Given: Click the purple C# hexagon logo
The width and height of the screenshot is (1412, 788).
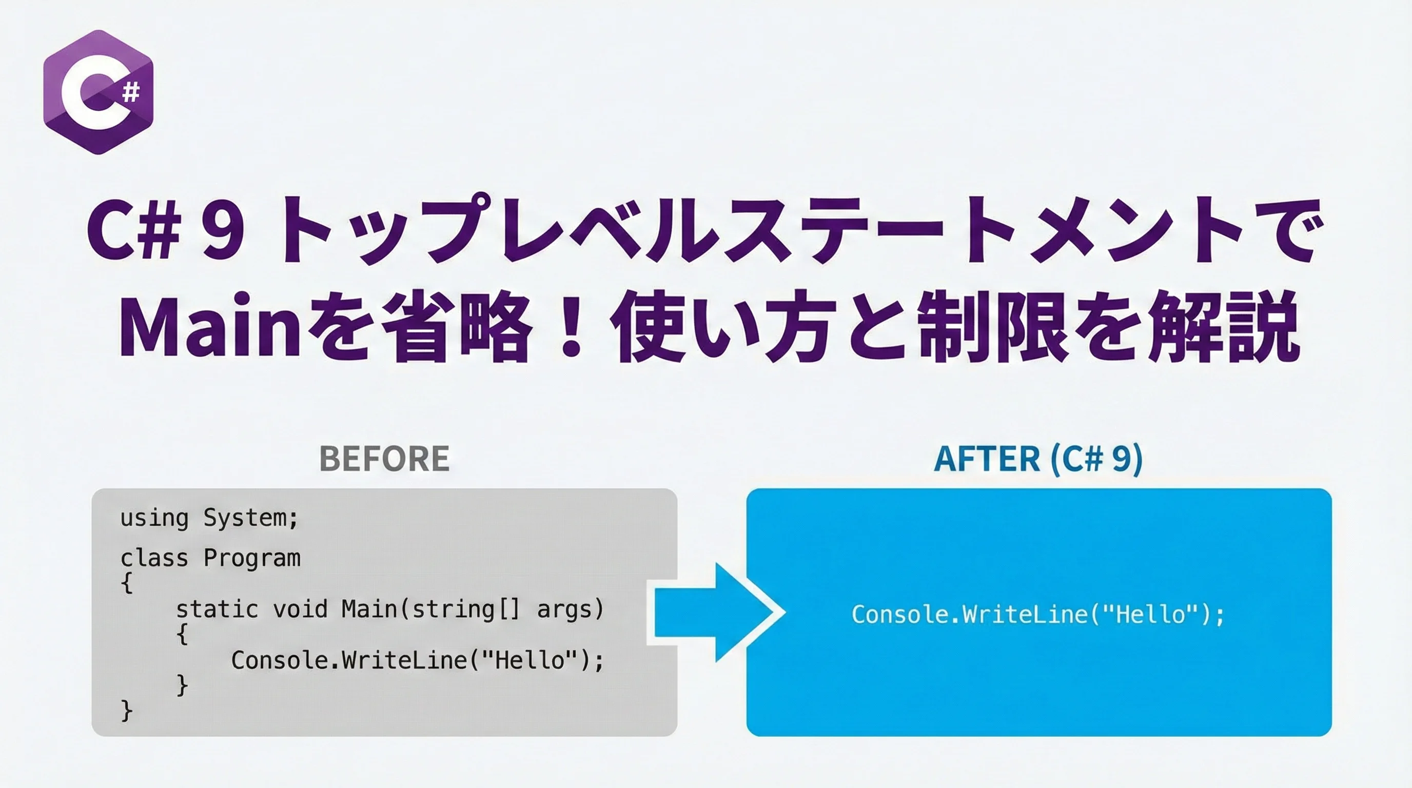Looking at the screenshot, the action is [x=98, y=92].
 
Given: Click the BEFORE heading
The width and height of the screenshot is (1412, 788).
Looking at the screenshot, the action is [x=384, y=459].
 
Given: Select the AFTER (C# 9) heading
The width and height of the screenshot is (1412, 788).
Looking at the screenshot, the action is [x=1038, y=459].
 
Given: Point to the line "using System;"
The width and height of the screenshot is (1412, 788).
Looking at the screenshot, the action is [x=209, y=518].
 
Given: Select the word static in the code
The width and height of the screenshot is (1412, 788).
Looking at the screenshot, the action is [x=217, y=609].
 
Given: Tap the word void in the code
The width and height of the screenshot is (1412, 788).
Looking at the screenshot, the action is [x=300, y=609].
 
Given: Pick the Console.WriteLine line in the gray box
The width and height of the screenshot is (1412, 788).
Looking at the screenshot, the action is [x=417, y=660].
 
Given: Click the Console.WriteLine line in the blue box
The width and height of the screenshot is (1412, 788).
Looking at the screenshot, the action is [x=1038, y=614].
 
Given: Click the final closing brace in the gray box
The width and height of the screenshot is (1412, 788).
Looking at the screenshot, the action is [x=127, y=711].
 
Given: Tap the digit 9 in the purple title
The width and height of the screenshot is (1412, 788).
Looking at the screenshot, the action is [x=222, y=230].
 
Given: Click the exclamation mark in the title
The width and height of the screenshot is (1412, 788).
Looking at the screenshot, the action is [x=571, y=328].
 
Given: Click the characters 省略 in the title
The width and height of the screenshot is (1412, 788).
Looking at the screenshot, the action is [x=456, y=328].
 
